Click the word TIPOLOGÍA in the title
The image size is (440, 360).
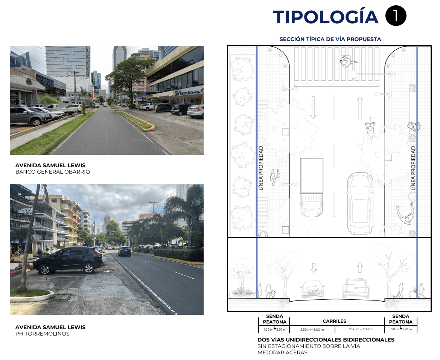click(326, 17)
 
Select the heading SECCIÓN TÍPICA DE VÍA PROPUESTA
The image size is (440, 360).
click(330, 39)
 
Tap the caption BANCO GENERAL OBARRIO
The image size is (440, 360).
click(53, 172)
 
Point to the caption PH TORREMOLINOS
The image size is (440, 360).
click(42, 334)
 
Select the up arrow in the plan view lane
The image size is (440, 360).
click(360, 107)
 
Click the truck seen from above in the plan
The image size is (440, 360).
click(312, 186)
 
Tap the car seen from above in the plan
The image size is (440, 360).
click(360, 203)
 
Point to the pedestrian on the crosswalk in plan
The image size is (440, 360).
click(346, 60)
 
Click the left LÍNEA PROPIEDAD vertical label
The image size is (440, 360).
click(261, 168)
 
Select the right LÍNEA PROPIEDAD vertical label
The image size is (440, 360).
click(413, 168)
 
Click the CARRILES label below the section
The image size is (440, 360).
click(334, 321)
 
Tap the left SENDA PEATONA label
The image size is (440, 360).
click(274, 319)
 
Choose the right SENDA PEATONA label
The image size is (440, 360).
click(400, 319)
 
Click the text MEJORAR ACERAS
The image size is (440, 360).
click(282, 353)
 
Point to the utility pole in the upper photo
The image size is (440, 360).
click(75, 87)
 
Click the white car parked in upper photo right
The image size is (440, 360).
click(196, 111)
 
